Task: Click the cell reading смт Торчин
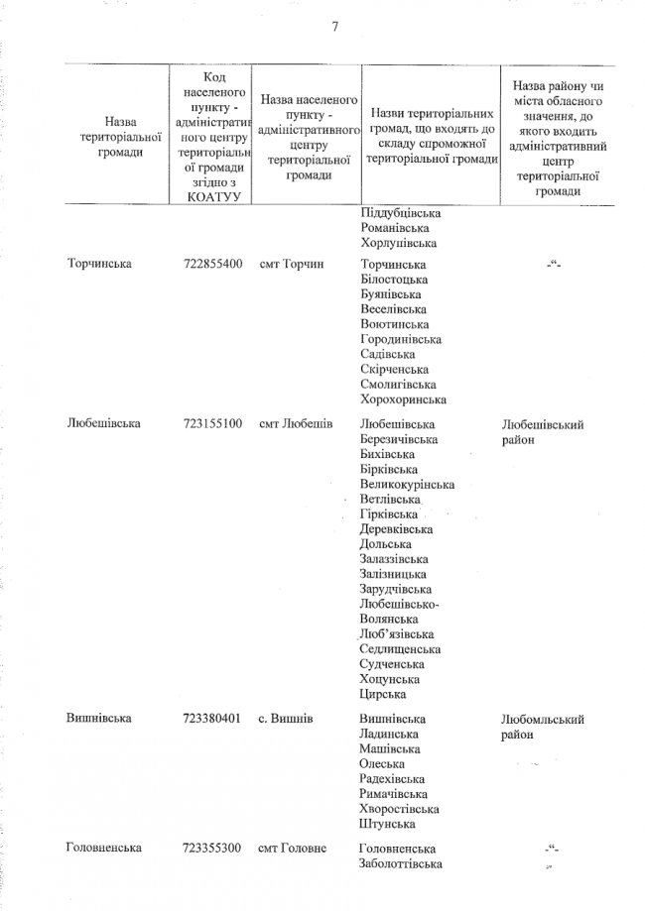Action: [294, 266]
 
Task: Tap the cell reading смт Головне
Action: [295, 849]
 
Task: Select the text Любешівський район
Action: [543, 432]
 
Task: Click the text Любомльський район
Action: [543, 727]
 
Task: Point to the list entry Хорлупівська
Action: [398, 243]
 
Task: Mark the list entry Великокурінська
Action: [408, 485]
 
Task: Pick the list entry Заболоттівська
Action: [405, 864]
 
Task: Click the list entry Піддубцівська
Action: [401, 213]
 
